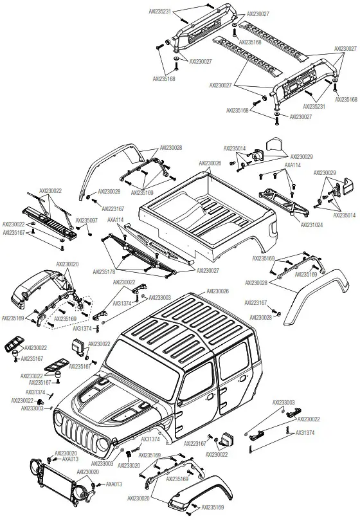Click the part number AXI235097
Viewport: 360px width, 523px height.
click(x=86, y=220)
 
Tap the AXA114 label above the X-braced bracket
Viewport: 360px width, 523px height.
click(x=292, y=165)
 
